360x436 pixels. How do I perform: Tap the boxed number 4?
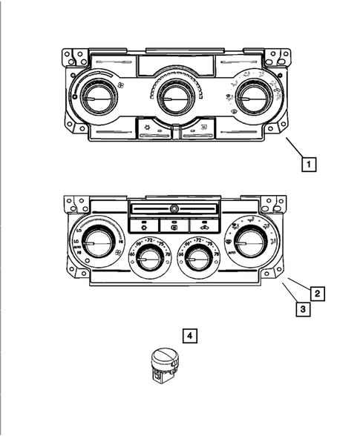(x=191, y=337)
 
